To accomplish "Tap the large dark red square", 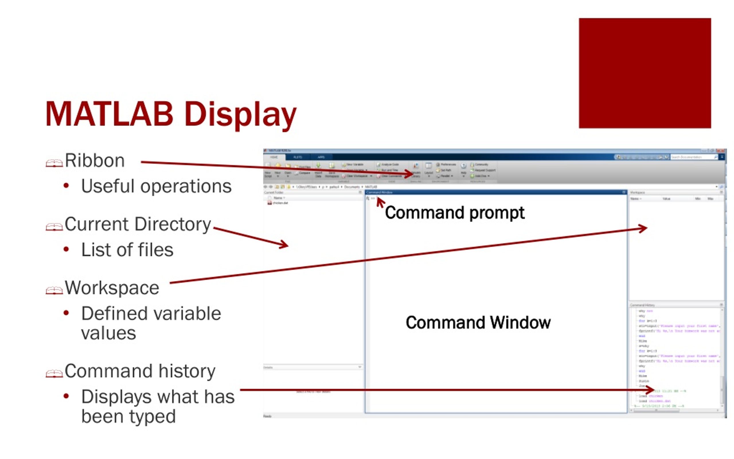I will [x=645, y=73].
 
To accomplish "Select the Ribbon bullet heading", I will [x=95, y=161].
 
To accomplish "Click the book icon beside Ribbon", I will [x=54, y=163].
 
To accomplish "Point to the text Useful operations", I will [x=156, y=186].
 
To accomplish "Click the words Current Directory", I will [x=138, y=224].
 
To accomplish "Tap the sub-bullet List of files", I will [x=127, y=250].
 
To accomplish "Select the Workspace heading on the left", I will [x=112, y=288].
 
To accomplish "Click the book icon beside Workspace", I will [x=54, y=291].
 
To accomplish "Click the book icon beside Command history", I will [x=54, y=374].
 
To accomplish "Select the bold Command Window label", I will [x=478, y=322].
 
